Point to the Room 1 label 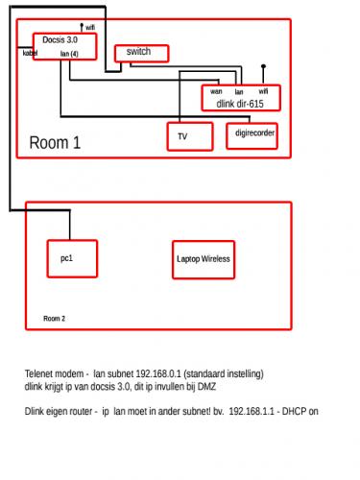point(55,142)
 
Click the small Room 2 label point(54,319)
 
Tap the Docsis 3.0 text point(60,40)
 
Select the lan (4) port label point(69,54)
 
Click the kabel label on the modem point(30,53)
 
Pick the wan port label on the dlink point(216,91)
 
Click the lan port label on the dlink point(239,92)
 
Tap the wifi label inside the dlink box point(263,91)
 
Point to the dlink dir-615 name point(240,104)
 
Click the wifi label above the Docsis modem point(90,28)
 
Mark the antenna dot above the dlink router point(263,66)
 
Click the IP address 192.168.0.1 point(158,373)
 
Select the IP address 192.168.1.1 point(252,411)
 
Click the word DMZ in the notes point(206,387)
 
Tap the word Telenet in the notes point(37,373)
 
